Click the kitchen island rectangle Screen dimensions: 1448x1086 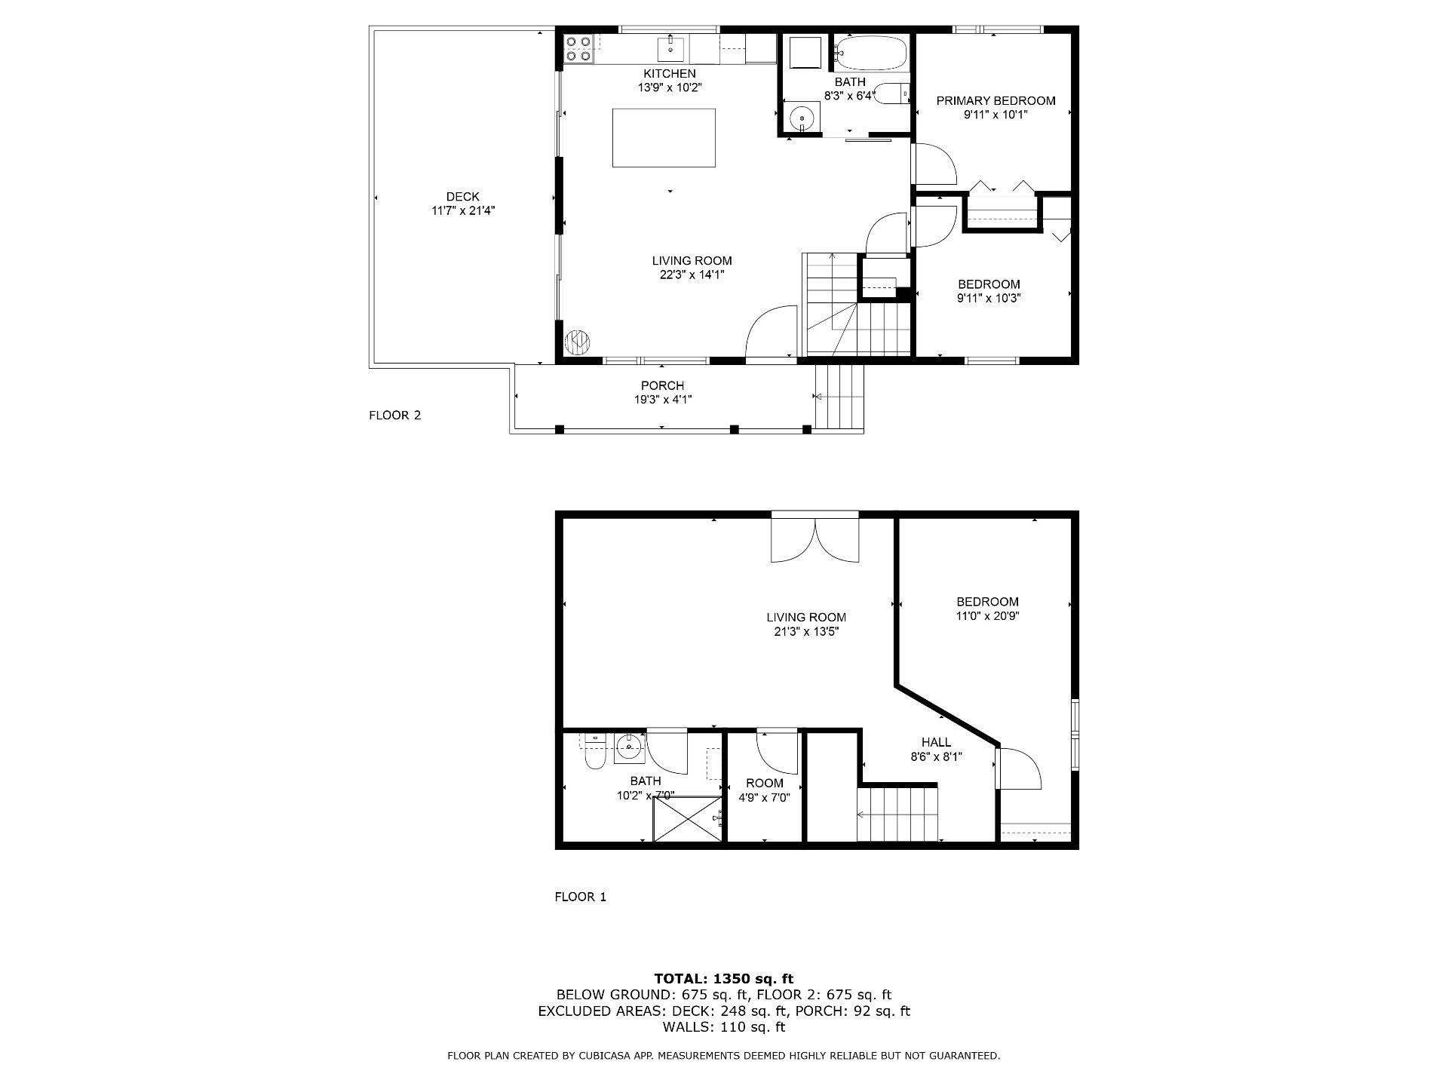click(x=664, y=137)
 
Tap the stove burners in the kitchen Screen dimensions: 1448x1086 click(x=578, y=48)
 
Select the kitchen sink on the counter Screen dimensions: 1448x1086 click(x=670, y=48)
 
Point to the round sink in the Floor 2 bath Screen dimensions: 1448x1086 click(x=801, y=118)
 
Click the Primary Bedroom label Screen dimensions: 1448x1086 click(x=995, y=101)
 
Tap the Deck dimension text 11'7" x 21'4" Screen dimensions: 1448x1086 click(x=463, y=211)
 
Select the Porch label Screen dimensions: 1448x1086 click(x=662, y=386)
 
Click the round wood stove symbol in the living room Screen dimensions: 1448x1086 click(x=578, y=342)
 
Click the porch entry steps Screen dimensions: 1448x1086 click(x=839, y=397)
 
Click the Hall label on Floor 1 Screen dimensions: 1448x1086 click(x=936, y=742)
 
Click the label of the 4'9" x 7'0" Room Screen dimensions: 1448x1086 click(x=765, y=783)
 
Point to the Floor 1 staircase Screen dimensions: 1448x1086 click(x=897, y=814)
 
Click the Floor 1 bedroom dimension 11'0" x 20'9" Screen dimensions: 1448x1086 click(x=988, y=615)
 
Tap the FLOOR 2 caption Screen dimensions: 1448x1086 click(x=395, y=416)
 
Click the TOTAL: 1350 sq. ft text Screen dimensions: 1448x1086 click(x=724, y=980)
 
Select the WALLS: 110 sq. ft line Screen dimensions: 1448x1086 click(x=724, y=1027)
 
